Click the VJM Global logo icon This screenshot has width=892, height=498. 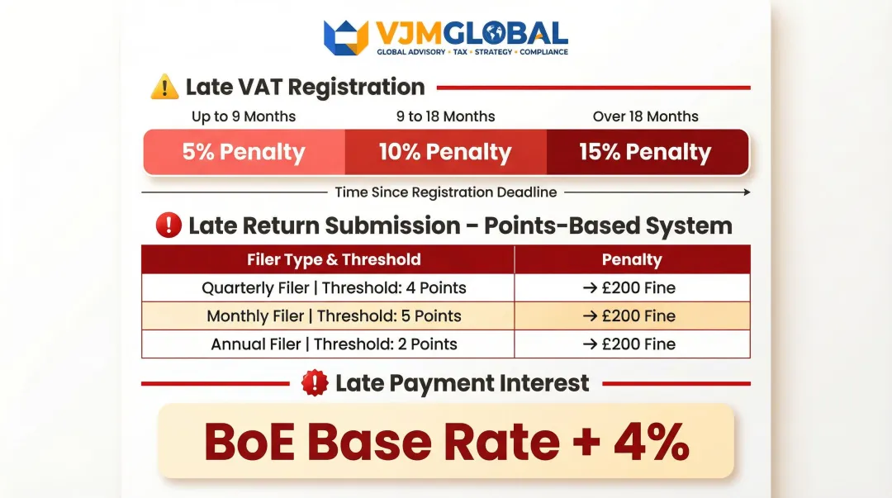pos(345,37)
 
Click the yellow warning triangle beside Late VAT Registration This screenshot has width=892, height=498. pos(164,87)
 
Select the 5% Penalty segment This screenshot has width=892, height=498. pos(244,152)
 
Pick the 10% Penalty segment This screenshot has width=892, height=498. pos(445,152)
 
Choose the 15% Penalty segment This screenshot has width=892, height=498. pos(645,152)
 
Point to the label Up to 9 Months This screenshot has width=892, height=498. pos(244,116)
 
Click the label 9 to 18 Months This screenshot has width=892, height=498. pos(445,116)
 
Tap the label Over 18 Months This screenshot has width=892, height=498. pos(645,116)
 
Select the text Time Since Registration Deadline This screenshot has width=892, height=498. pos(445,192)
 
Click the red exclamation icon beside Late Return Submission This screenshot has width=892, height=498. pos(168,225)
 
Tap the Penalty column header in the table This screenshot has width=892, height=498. pos(632,259)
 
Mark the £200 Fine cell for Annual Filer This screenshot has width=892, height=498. pos(632,344)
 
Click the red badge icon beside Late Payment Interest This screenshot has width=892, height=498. pos(315,383)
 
